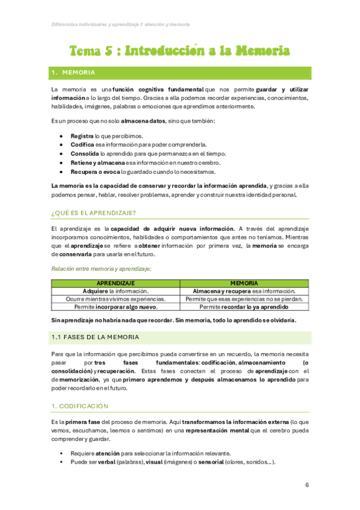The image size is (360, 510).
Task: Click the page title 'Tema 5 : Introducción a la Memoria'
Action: tap(180, 51)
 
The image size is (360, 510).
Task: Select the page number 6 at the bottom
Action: tap(307, 485)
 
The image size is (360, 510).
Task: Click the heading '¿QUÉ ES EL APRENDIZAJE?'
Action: tap(93, 213)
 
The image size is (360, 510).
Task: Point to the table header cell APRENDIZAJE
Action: tap(115, 283)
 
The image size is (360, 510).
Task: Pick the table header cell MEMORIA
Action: tap(244, 283)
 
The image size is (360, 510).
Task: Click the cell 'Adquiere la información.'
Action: tap(115, 290)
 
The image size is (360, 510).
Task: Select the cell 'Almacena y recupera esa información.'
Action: tap(244, 290)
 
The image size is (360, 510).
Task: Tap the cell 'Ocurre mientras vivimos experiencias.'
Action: tap(115, 299)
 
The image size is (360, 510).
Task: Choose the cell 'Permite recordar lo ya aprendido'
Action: tap(244, 307)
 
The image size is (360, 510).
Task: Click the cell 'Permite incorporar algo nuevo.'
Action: tap(115, 307)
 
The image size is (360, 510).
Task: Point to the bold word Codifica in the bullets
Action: tap(82, 145)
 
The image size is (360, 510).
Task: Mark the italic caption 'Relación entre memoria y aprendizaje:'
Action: tap(100, 268)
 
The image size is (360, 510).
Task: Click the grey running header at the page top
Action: tap(120, 25)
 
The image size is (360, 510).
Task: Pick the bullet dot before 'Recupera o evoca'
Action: tap(63, 172)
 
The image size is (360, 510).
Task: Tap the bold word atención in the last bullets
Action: tap(108, 453)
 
